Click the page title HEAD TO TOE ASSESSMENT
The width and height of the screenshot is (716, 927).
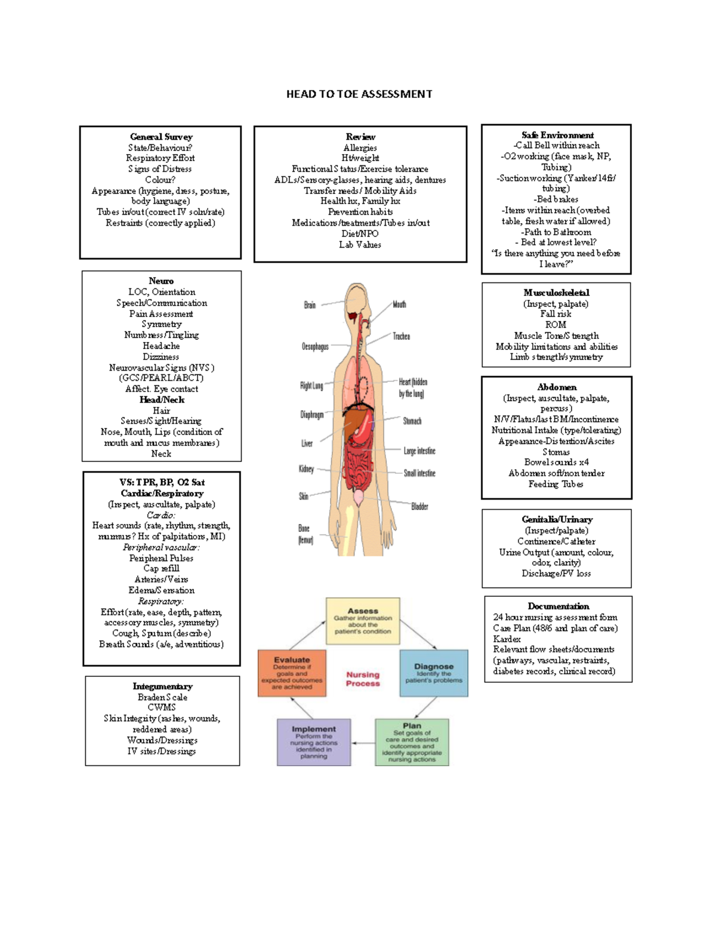(x=359, y=94)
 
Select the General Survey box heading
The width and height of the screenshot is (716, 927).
(x=161, y=137)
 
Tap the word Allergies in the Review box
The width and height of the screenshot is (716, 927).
(x=360, y=147)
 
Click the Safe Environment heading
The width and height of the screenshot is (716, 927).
(x=557, y=135)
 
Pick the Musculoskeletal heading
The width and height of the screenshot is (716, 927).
(x=556, y=292)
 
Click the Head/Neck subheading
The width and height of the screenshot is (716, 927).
(x=162, y=400)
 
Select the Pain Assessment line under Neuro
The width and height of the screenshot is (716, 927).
(x=161, y=314)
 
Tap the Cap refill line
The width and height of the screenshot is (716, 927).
(x=161, y=568)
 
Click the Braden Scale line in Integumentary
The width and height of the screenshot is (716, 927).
(x=162, y=697)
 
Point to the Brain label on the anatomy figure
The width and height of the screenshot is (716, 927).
(x=310, y=305)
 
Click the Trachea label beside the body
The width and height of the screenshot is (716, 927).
(x=401, y=337)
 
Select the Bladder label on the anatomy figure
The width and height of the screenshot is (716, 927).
(x=419, y=506)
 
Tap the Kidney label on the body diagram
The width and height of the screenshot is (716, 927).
(x=306, y=469)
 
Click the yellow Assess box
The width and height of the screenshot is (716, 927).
(x=363, y=621)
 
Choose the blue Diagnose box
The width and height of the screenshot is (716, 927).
(x=434, y=673)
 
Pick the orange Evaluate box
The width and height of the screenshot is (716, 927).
(x=292, y=673)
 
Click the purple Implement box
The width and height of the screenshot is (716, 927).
(x=313, y=742)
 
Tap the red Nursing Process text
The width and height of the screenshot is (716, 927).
(x=363, y=679)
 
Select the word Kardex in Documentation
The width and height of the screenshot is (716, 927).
(x=507, y=639)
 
